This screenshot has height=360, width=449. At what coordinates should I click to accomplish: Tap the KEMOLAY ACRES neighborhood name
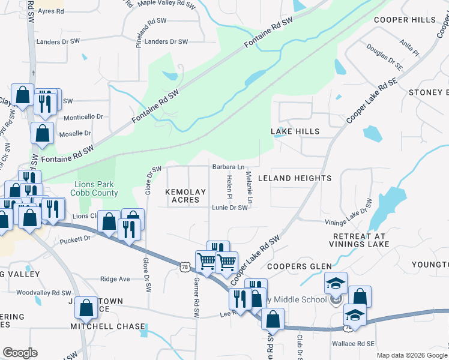(185, 196)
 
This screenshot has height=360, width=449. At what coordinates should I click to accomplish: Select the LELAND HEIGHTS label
(294, 178)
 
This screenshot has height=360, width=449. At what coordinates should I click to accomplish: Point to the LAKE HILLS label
(295, 131)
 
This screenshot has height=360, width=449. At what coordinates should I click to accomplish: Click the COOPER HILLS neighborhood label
(405, 20)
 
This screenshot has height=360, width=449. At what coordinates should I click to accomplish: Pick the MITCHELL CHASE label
(107, 326)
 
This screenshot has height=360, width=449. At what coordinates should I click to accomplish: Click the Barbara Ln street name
(228, 167)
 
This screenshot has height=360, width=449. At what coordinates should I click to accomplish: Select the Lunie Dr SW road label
(229, 208)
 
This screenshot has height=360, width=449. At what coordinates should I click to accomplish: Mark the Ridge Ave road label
(115, 279)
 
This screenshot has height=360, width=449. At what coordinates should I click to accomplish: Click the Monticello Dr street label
(83, 116)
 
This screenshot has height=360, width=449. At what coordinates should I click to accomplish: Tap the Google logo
(20, 353)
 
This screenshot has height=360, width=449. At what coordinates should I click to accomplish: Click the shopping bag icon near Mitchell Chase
(86, 308)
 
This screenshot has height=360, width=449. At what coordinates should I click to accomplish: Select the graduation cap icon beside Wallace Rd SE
(355, 316)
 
